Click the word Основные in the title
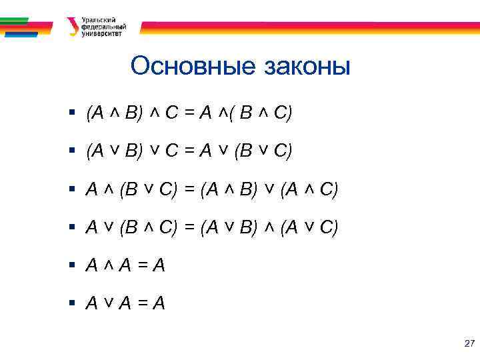click(x=189, y=67)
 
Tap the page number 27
click(x=469, y=344)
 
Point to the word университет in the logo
click(x=102, y=34)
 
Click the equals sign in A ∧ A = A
click(x=141, y=266)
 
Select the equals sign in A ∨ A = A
click(x=141, y=304)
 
